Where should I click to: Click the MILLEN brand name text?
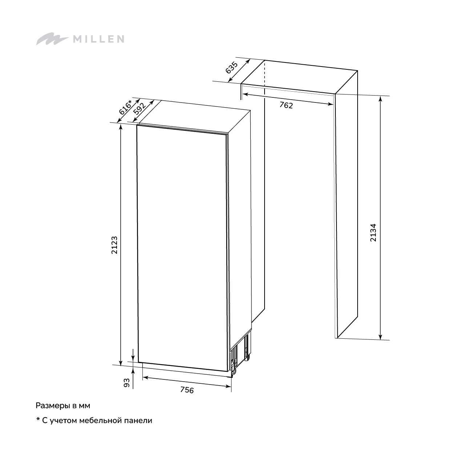(98, 39)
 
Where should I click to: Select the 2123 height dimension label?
(114, 245)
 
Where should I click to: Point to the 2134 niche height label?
(373, 233)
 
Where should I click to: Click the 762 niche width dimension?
(286, 105)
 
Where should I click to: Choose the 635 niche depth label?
(232, 68)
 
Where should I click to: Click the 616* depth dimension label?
(126, 107)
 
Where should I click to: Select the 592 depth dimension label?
(140, 109)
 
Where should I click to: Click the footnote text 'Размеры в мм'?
(63, 412)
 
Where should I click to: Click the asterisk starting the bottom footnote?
(38, 426)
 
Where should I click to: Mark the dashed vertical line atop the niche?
(265, 74)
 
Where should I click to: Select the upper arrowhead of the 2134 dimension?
(380, 99)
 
